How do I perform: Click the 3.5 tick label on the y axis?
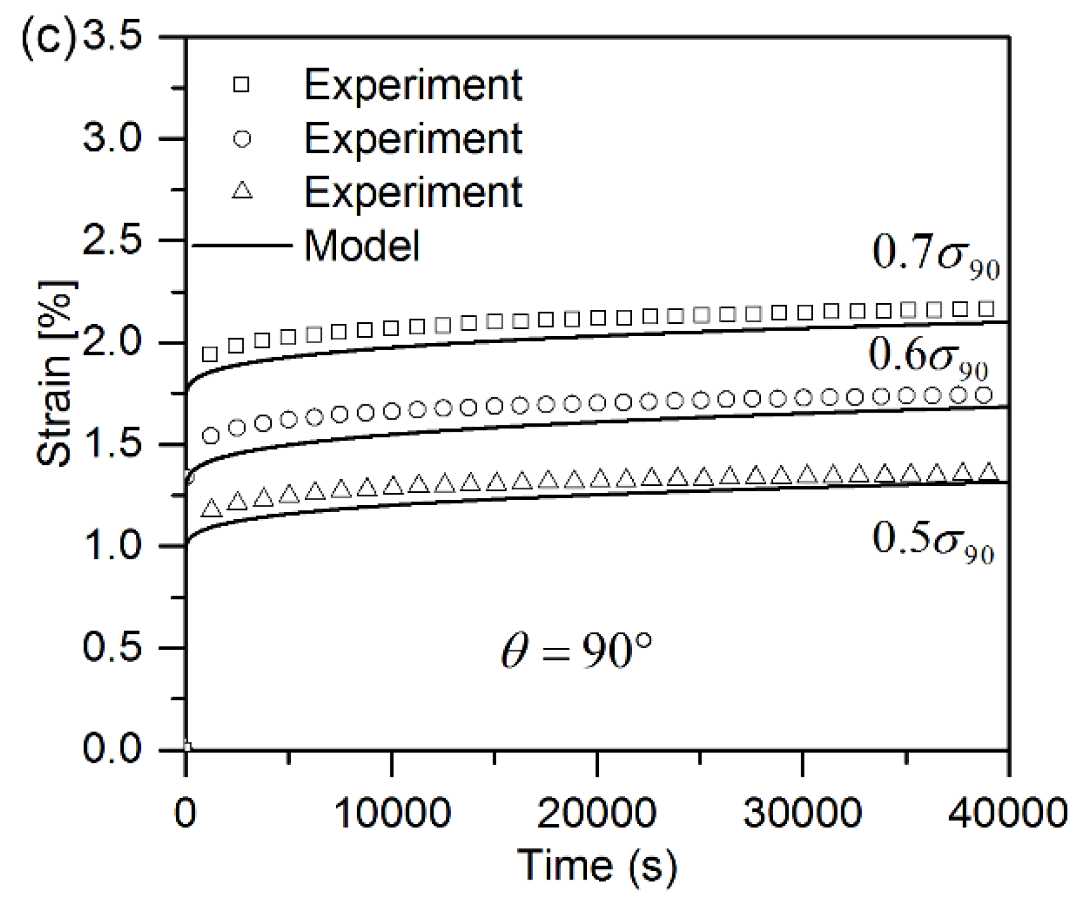point(112,36)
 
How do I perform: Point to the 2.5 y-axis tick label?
point(112,241)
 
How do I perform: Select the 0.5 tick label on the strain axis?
point(112,648)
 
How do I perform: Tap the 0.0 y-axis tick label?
point(112,749)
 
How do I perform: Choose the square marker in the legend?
point(242,85)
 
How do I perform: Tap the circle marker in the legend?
point(242,138)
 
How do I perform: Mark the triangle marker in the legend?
point(242,191)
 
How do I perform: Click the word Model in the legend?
point(362,246)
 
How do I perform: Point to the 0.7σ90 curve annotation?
point(935,255)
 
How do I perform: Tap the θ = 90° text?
point(577,652)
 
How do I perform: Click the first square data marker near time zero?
point(210,354)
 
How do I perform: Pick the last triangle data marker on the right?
point(988,473)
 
